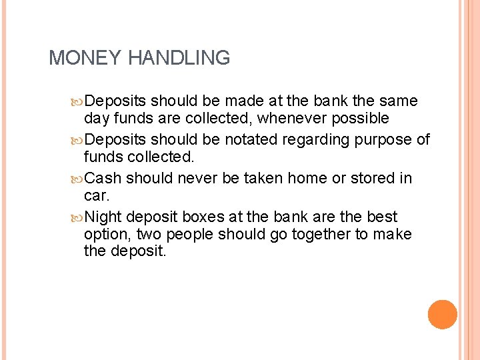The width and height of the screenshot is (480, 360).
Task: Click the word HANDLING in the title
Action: click(178, 58)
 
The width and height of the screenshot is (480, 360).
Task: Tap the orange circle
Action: click(443, 314)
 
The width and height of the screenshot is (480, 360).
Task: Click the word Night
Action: click(103, 217)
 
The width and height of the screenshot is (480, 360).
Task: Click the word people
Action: click(189, 235)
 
